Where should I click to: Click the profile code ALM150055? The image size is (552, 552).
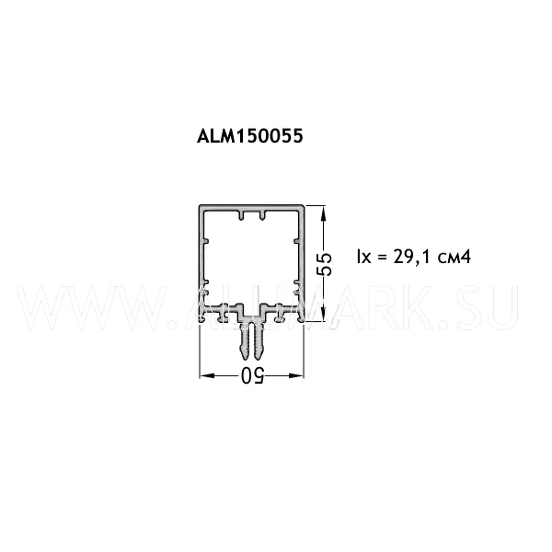(249, 135)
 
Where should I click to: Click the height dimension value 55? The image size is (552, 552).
(324, 264)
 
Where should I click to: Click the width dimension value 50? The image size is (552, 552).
(252, 375)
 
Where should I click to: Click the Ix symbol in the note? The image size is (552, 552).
(363, 257)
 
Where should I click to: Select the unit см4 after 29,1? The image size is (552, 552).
(454, 258)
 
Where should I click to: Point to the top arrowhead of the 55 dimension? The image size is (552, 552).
(324, 213)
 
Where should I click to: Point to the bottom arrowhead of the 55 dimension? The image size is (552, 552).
(324, 314)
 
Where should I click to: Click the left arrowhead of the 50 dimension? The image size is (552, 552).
(207, 375)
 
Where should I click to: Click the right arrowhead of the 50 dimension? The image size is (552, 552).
(296, 375)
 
